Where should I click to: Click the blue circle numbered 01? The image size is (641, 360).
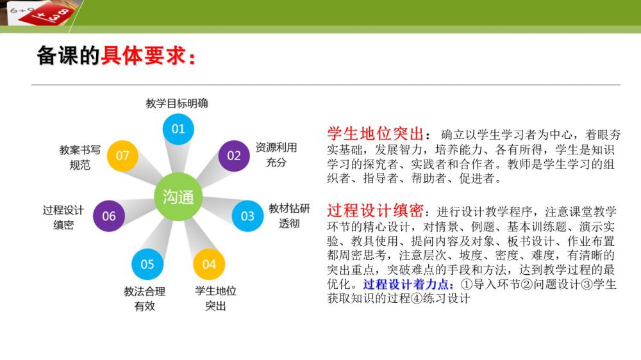point(178,129)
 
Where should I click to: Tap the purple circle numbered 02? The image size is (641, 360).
point(234,156)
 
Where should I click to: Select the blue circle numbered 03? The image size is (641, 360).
point(247,216)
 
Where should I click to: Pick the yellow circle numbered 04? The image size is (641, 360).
point(209,264)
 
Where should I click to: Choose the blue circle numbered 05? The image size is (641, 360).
point(147,264)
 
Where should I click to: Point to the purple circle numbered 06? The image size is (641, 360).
point(109,216)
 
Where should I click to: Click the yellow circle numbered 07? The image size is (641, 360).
point(122,156)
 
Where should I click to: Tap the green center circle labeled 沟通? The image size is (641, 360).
point(178,197)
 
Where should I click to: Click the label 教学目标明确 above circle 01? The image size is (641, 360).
point(177,103)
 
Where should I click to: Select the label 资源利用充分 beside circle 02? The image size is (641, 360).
point(276,155)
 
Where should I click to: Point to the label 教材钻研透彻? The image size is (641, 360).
point(289,216)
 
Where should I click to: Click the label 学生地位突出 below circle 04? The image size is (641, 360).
point(215,299)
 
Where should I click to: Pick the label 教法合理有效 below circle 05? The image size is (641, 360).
point(145,299)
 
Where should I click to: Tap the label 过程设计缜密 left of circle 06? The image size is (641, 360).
point(63,217)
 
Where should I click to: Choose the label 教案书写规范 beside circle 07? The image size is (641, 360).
point(79,158)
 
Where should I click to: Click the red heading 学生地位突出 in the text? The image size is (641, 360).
point(375,134)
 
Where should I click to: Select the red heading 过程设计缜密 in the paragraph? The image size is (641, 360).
point(375,211)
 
